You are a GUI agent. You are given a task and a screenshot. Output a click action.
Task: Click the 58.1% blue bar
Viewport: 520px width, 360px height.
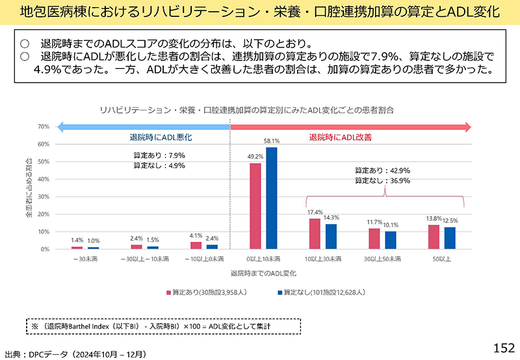pyautogui.click(x=272, y=198)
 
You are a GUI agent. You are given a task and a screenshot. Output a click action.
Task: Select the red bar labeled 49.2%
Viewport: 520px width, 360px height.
pyautogui.click(x=255, y=206)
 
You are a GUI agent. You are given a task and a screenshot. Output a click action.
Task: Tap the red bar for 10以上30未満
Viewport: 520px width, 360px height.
pyautogui.click(x=315, y=234)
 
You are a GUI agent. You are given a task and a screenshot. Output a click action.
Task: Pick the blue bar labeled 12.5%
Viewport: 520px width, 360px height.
pyautogui.click(x=450, y=238)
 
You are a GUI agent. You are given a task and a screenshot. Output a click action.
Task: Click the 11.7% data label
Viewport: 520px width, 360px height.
pyautogui.click(x=374, y=222)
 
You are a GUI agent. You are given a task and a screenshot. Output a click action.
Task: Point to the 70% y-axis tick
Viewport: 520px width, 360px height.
pyautogui.click(x=44, y=127)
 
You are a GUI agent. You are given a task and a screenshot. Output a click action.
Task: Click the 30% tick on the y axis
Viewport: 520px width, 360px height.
pyautogui.click(x=44, y=197)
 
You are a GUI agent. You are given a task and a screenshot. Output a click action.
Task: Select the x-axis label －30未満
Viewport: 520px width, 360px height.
pyautogui.click(x=84, y=259)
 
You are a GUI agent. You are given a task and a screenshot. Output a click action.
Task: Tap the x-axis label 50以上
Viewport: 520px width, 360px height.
pyautogui.click(x=442, y=259)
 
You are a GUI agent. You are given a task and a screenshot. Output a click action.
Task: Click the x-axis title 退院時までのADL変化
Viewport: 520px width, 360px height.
pyautogui.click(x=263, y=274)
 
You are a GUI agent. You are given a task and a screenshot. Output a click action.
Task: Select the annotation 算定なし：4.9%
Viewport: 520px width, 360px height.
pyautogui.click(x=159, y=166)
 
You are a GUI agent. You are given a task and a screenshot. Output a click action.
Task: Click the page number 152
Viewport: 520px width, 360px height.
pyautogui.click(x=504, y=346)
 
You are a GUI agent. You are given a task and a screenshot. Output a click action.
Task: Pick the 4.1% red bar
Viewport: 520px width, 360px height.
pyautogui.click(x=196, y=245)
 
